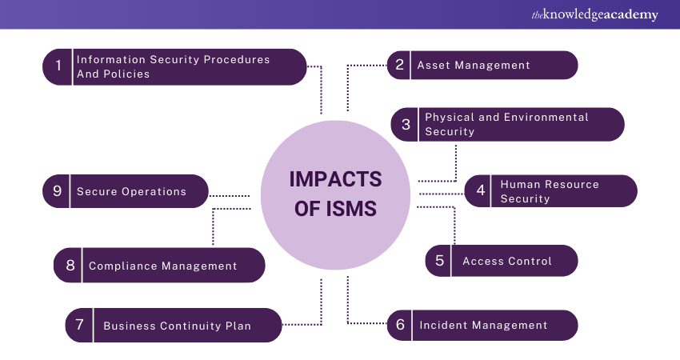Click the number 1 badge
[58, 67]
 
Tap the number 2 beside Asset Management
[400, 65]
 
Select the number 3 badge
[406, 124]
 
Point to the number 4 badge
[481, 190]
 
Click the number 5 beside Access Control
[439, 261]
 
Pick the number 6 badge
[400, 325]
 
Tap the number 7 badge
[79, 326]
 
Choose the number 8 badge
[70, 266]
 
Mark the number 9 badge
[57, 191]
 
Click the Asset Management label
[474, 66]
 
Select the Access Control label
[507, 262]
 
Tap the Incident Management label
[483, 326]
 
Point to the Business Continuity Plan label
[177, 326]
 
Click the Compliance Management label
[162, 266]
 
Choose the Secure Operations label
[131, 192]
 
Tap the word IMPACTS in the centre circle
[335, 178]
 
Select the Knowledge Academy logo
[593, 14]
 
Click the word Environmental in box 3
[546, 118]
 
